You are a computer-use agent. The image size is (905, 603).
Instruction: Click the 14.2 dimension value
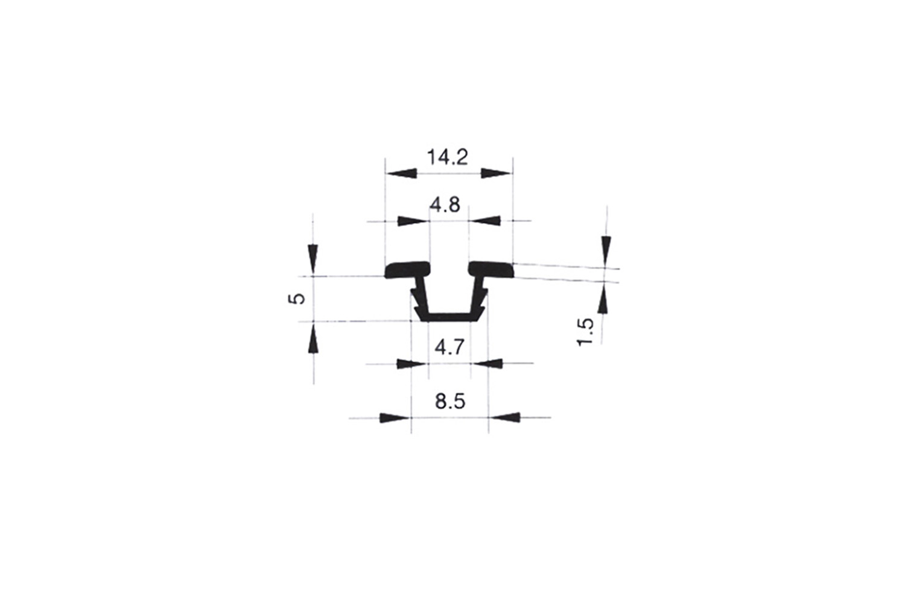coord(448,157)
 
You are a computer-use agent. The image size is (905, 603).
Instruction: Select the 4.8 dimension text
coord(445,205)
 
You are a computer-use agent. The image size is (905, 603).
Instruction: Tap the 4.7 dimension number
coord(449,347)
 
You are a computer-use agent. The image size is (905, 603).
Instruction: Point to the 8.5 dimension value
coord(450,402)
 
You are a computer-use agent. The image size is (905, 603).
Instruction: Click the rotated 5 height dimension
coord(297,298)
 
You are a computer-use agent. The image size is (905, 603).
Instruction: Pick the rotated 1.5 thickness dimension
coord(585,332)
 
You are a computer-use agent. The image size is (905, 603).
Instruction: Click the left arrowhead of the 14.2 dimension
coord(401,173)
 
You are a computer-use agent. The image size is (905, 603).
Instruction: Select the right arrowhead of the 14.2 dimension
coord(496,173)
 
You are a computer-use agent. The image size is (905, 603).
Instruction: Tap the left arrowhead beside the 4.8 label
coord(412,221)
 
